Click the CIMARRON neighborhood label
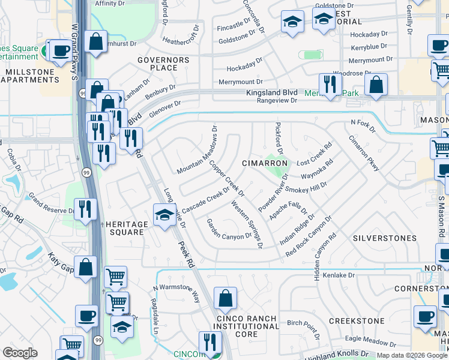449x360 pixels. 265,163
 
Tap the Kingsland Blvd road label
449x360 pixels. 272,93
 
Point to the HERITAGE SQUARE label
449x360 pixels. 127,229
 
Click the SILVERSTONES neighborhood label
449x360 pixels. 385,238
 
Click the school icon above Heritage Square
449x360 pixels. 164,214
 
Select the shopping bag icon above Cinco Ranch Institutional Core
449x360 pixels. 225,298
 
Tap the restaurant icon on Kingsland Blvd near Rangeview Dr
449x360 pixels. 330,85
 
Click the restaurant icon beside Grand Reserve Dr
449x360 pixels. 85,209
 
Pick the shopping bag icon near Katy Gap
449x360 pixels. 86,268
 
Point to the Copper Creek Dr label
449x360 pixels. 226,178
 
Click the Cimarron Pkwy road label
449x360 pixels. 364,152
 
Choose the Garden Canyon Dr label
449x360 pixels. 229,228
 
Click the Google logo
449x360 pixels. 20,352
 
